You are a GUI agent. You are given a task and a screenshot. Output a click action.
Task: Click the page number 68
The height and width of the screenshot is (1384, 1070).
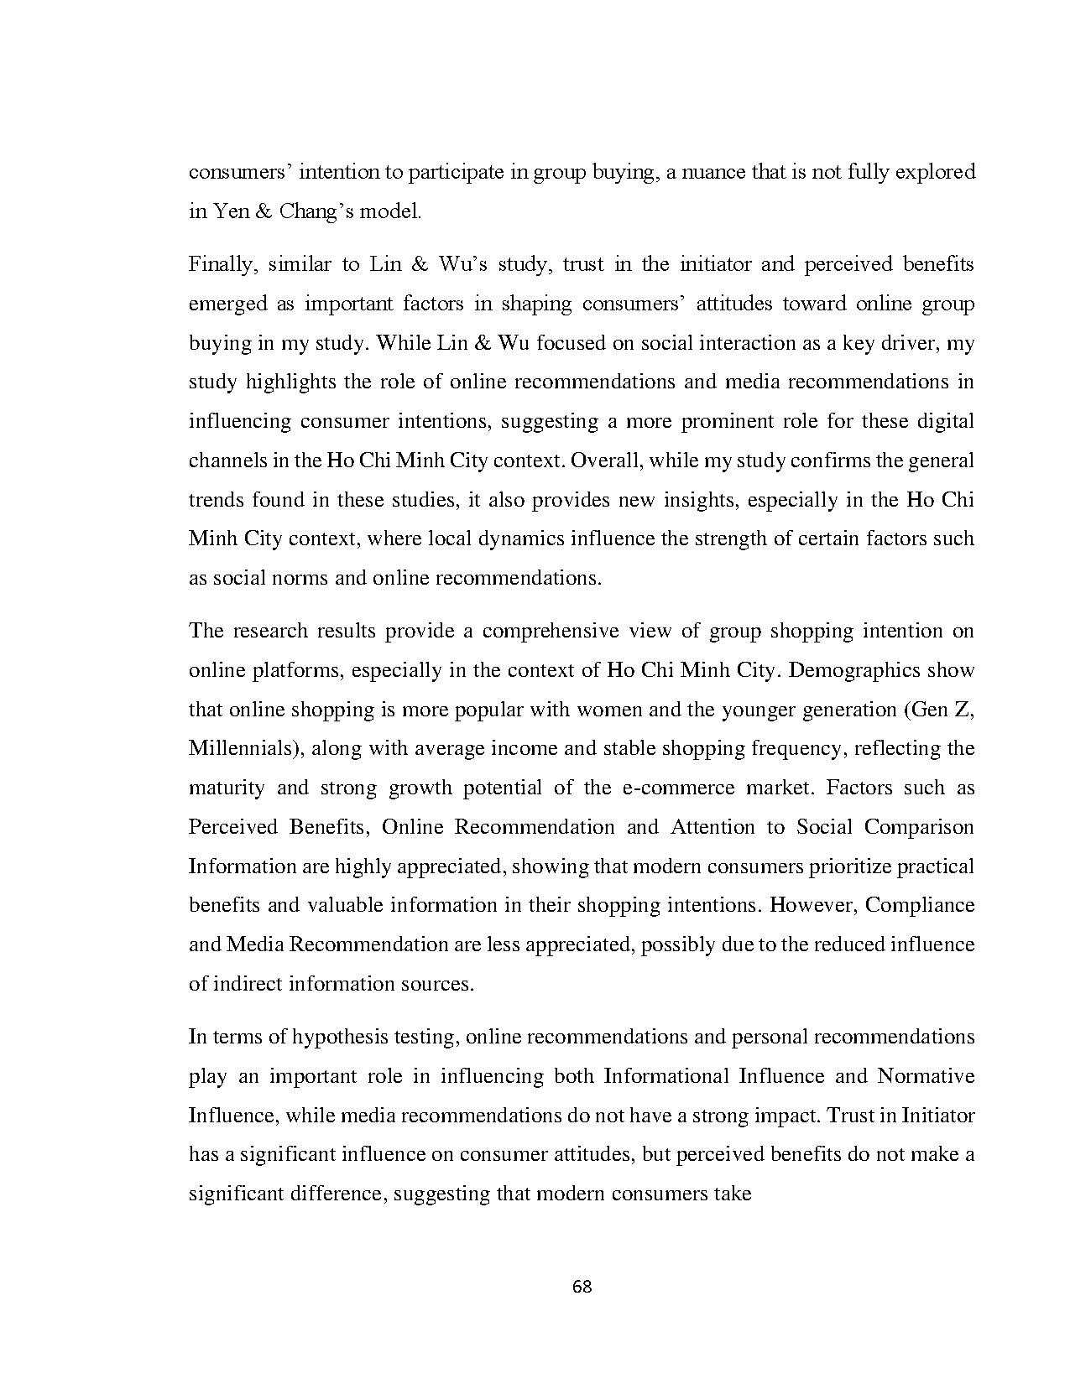pos(582,1286)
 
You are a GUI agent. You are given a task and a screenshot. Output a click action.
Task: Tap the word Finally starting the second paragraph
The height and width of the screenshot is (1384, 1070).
pos(221,265)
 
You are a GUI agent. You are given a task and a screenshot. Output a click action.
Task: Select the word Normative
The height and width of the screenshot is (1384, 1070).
pos(926,1076)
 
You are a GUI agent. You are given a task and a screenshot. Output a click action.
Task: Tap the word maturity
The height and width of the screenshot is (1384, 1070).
pos(227,788)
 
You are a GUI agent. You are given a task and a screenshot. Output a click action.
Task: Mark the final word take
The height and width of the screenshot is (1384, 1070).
pos(732,1194)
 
